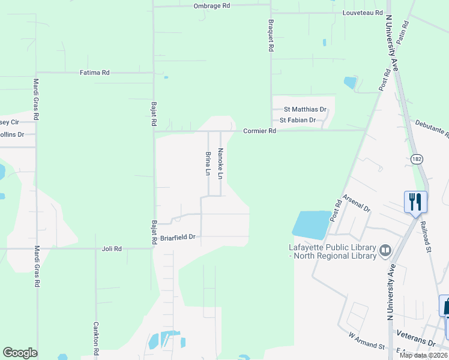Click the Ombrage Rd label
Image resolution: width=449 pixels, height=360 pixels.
(212, 5)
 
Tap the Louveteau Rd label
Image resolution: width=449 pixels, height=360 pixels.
(363, 13)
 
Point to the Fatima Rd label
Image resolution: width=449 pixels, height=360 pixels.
(95, 73)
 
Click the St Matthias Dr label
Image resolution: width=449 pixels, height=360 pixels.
(305, 110)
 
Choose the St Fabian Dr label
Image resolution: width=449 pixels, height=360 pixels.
(298, 120)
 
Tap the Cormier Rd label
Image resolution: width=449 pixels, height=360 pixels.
(259, 131)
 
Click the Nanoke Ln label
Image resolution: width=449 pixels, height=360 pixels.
(220, 164)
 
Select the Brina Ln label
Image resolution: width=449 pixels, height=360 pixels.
(208, 164)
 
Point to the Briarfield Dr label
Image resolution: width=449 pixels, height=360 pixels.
(178, 238)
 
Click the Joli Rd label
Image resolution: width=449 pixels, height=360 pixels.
(112, 248)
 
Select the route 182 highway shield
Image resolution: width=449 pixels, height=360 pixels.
(417, 158)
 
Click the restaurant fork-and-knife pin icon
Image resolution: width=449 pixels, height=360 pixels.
(415, 202)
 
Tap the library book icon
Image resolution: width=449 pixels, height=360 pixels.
(385, 249)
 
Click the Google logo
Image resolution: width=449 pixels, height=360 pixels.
(20, 353)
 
